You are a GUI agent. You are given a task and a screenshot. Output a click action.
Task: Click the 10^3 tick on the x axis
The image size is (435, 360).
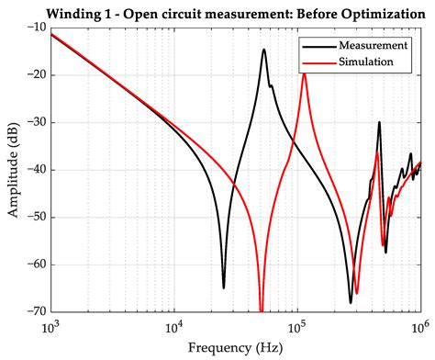(50, 327)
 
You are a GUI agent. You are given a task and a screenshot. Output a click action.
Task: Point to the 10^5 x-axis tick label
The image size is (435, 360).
(296, 327)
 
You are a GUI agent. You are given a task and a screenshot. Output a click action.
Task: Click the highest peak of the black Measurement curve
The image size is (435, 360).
(263, 50)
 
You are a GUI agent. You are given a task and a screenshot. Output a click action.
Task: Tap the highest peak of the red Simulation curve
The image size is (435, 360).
(304, 73)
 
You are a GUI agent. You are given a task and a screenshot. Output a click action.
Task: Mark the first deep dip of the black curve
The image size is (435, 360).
(223, 287)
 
